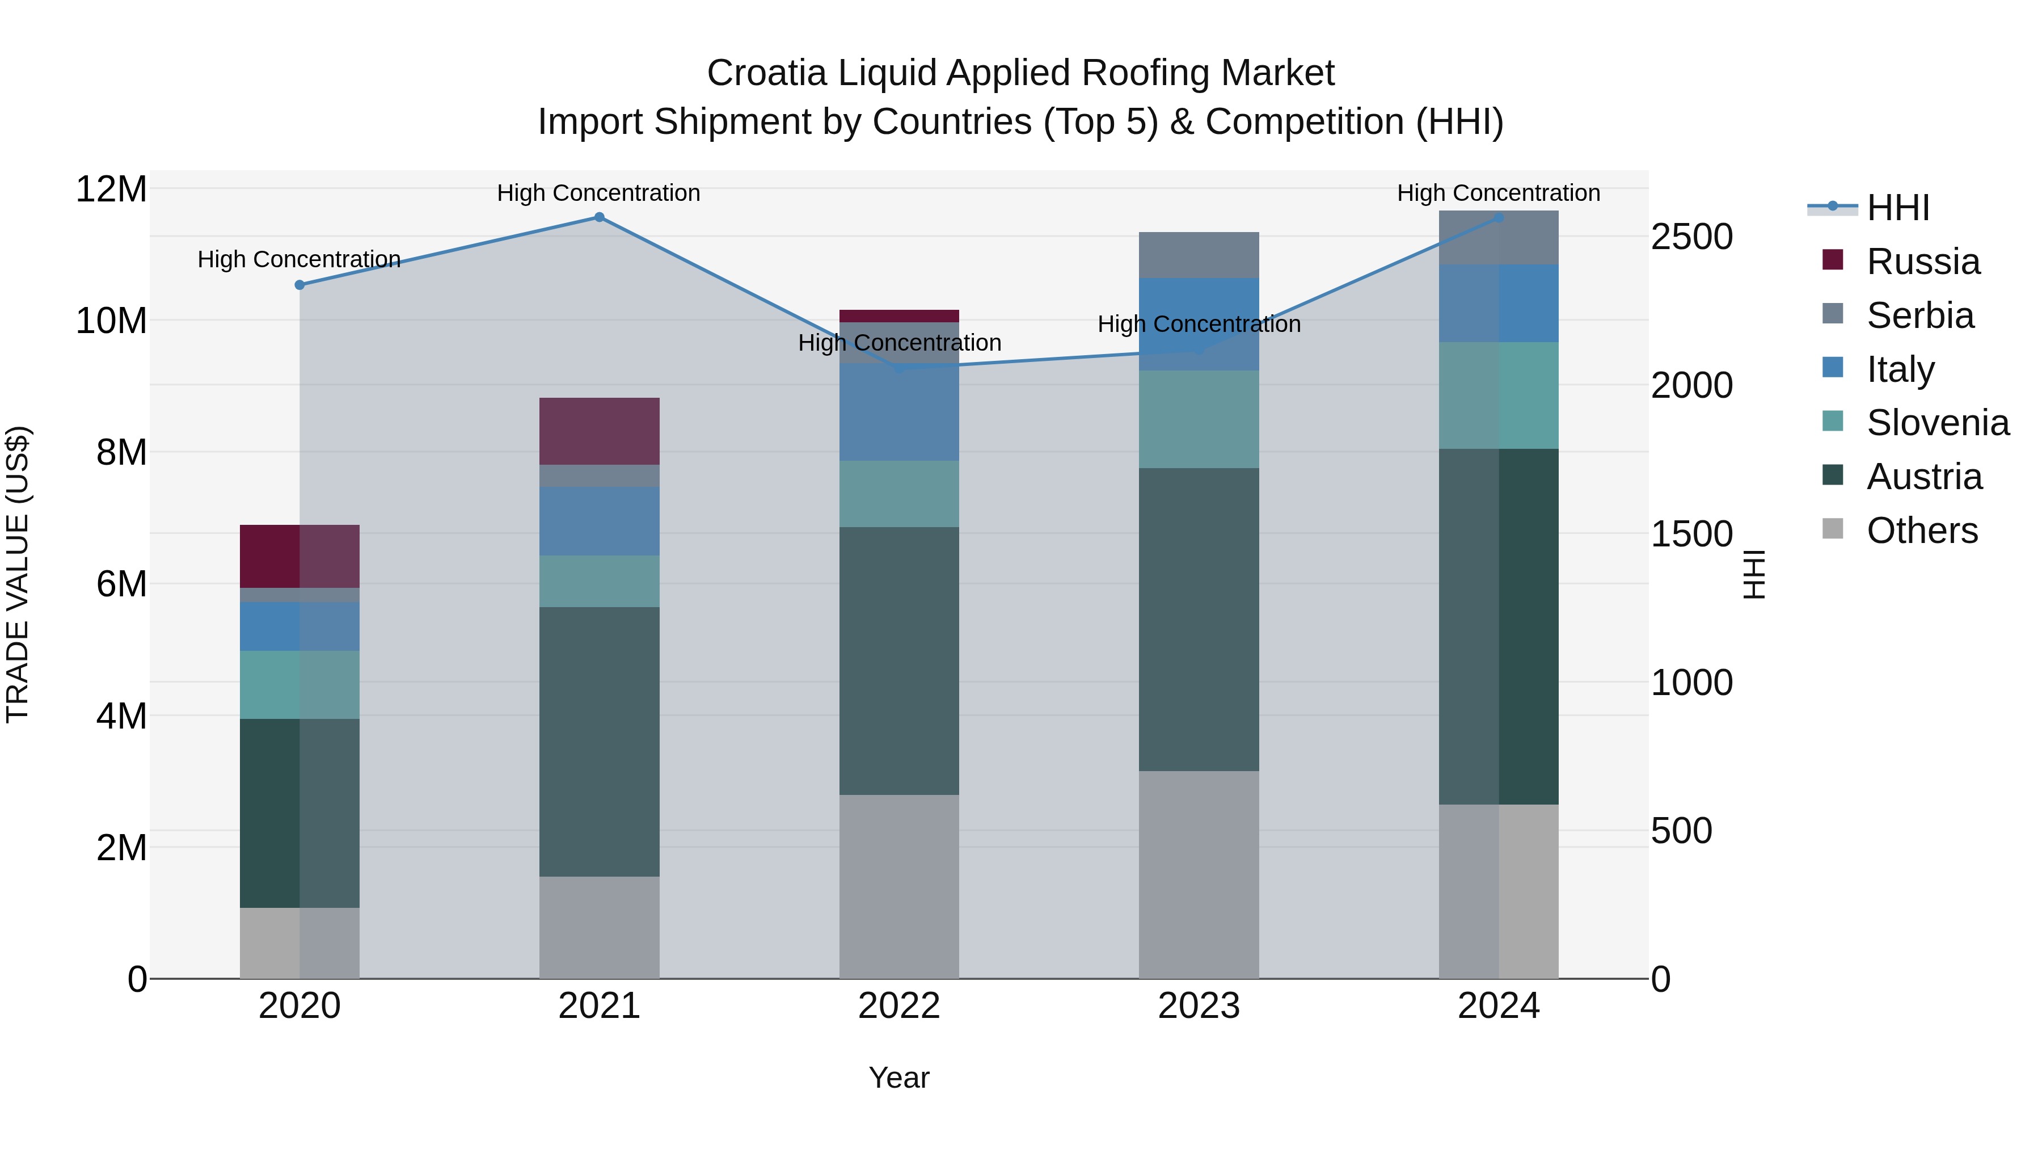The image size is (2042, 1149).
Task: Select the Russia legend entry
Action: click(1923, 262)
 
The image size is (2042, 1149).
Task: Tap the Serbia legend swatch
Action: click(1833, 314)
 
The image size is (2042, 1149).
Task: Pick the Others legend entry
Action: click(1922, 531)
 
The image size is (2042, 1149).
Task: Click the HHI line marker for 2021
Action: click(600, 217)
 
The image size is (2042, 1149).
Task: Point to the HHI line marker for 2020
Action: click(299, 285)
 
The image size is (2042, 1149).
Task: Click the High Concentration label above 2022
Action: click(900, 343)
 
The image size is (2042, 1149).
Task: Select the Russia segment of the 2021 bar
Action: click(600, 431)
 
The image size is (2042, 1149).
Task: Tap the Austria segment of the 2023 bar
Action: click(1199, 619)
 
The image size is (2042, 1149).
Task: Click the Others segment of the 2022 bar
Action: click(899, 886)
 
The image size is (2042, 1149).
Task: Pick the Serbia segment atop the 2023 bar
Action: click(1199, 255)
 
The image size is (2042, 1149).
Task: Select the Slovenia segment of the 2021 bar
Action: click(600, 581)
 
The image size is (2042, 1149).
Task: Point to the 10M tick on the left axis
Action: click(111, 321)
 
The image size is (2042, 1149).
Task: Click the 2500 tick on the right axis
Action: click(1691, 237)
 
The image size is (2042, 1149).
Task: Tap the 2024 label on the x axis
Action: click(1498, 1006)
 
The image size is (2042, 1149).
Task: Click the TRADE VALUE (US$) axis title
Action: click(18, 574)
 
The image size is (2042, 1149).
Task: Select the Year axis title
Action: click(899, 1078)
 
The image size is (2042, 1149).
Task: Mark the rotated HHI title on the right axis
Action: click(1754, 574)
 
